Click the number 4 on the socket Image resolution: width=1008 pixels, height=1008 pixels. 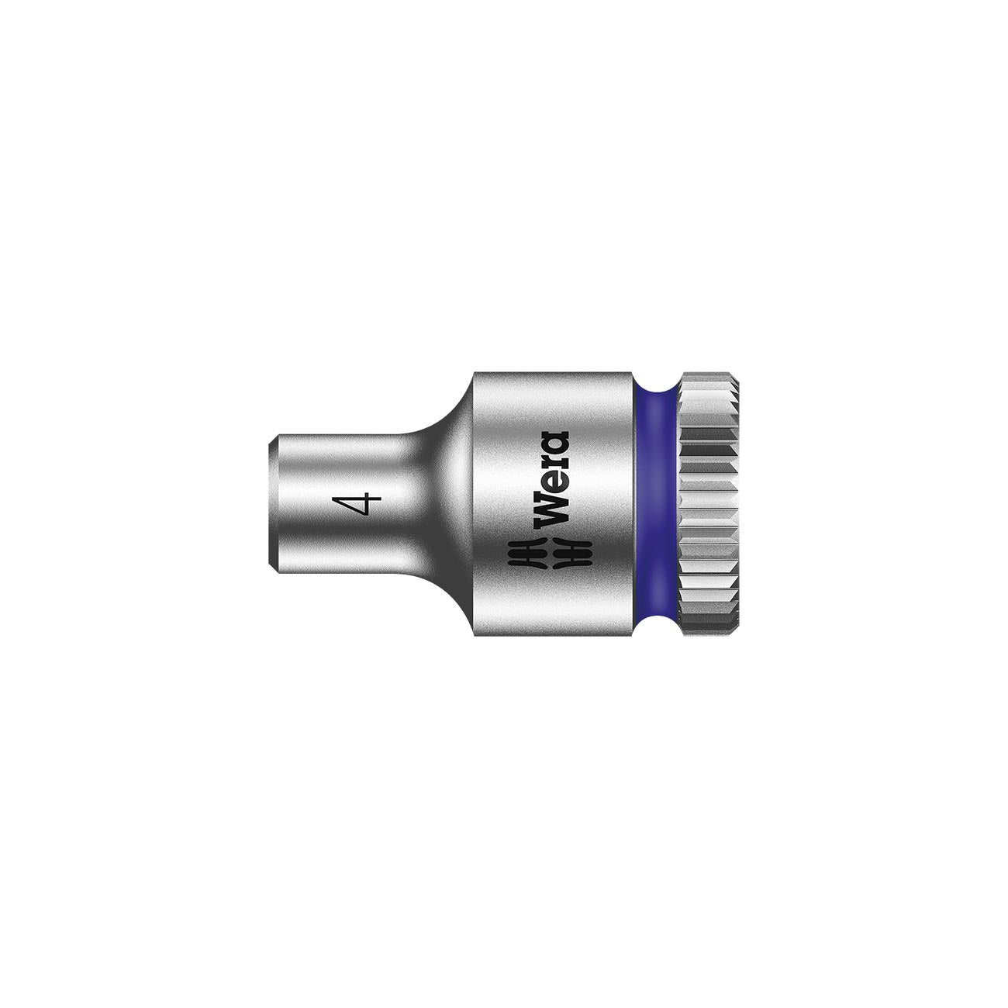click(x=358, y=505)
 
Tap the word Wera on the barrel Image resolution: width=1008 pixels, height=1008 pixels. click(x=553, y=475)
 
